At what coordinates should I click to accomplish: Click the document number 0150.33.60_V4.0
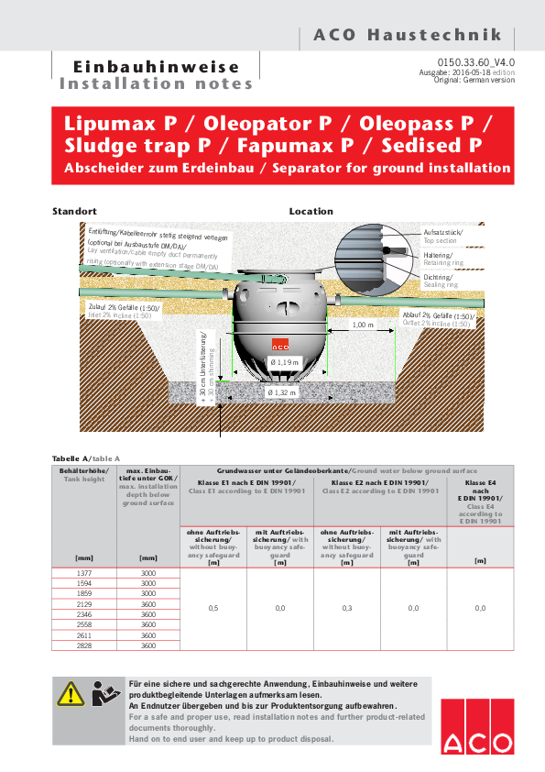tap(475, 62)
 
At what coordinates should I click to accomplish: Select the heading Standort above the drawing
tap(74, 211)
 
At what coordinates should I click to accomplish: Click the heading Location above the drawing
tap(311, 211)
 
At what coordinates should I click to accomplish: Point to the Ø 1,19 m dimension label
tap(284, 362)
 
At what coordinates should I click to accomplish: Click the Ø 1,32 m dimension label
tap(282, 392)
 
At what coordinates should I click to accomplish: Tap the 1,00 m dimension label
tap(363, 325)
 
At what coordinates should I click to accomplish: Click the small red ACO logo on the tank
tap(280, 344)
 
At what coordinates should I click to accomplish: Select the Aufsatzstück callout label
tap(443, 232)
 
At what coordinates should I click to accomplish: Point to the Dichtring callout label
tap(438, 277)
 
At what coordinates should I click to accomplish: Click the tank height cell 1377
tap(84, 573)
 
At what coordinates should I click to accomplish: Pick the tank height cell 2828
tap(84, 645)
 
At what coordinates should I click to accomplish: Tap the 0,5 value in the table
tap(213, 608)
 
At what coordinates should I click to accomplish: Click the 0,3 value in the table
tap(347, 608)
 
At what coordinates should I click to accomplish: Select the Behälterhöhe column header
tap(83, 471)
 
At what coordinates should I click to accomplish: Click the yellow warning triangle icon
tap(71, 694)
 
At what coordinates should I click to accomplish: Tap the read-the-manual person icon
tap(105, 693)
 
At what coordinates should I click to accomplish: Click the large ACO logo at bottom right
tap(477, 726)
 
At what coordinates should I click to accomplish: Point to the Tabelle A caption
tap(71, 458)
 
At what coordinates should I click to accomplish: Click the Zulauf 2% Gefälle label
tap(124, 307)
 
